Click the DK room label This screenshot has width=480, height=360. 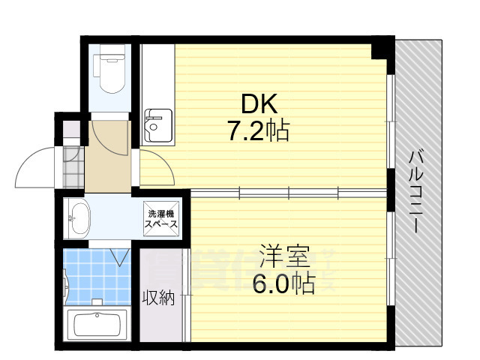(258, 102)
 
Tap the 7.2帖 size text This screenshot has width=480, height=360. (259, 132)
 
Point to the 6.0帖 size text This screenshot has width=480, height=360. (283, 283)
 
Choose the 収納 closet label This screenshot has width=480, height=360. (158, 298)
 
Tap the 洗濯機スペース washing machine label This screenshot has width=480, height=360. (162, 217)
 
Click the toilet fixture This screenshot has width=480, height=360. (112, 75)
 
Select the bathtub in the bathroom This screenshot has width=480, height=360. (98, 324)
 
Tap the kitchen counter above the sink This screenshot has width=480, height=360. (157, 75)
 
